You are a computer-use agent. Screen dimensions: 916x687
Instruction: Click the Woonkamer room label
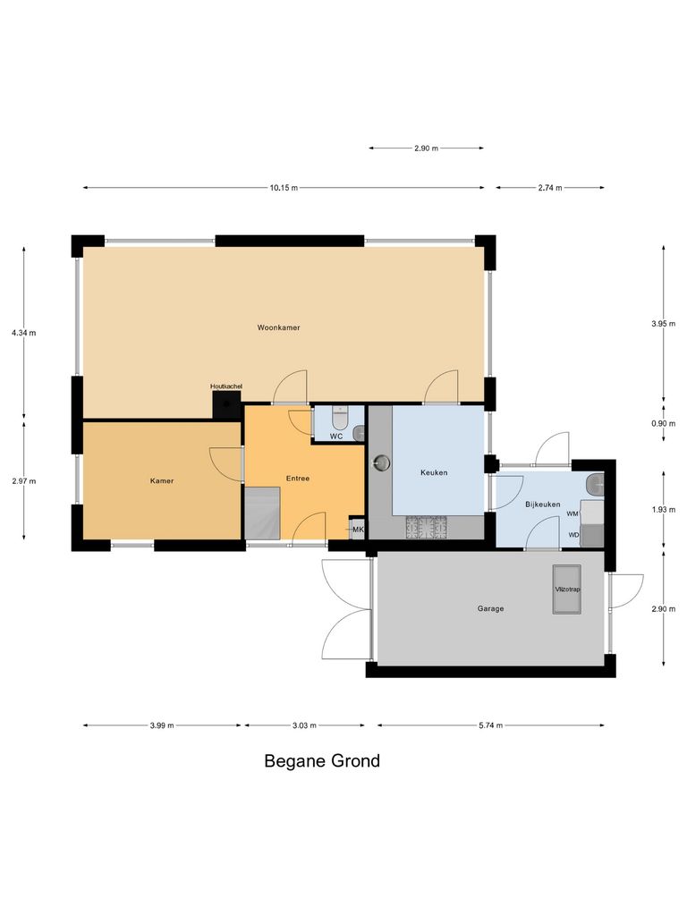[x=278, y=327]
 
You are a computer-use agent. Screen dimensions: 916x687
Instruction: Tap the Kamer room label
[x=162, y=480]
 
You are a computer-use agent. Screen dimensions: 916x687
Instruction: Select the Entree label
[x=298, y=478]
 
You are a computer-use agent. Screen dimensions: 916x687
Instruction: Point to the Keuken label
[x=434, y=472]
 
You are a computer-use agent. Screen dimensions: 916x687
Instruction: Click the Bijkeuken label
[x=542, y=505]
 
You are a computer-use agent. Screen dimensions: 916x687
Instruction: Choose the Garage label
[x=490, y=608]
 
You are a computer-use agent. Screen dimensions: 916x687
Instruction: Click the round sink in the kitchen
[x=383, y=462]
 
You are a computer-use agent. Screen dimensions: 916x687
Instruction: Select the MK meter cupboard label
[x=358, y=530]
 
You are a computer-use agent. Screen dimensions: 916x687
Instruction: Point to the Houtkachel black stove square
[x=227, y=404]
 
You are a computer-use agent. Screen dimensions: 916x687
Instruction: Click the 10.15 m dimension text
[x=284, y=188]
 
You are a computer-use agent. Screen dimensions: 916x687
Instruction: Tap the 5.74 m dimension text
[x=489, y=725]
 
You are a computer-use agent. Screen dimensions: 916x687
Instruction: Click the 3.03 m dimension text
[x=303, y=725]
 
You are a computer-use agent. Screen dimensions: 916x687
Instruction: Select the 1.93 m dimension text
[x=664, y=509]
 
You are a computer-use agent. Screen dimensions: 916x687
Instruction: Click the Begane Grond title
[x=322, y=761]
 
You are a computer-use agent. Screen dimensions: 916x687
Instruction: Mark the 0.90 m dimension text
[x=664, y=424]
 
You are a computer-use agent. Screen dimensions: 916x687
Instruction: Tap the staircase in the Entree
[x=262, y=513]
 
